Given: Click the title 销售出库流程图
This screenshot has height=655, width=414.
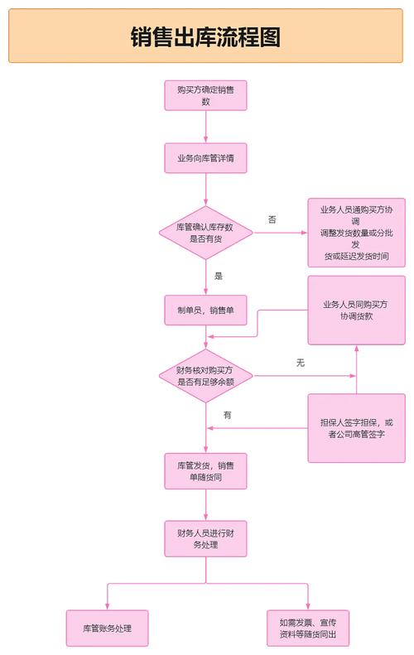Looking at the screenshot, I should pyautogui.click(x=205, y=37).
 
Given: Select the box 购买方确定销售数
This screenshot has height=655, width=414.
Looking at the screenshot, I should pyautogui.click(x=205, y=94).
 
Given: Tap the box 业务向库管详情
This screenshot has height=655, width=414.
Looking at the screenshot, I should pyautogui.click(x=205, y=157).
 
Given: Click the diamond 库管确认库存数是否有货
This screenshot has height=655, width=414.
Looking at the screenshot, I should pyautogui.click(x=205, y=233).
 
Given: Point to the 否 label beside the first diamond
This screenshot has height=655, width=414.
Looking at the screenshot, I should pyautogui.click(x=272, y=219).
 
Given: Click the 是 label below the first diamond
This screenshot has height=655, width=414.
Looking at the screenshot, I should pyautogui.click(x=219, y=275).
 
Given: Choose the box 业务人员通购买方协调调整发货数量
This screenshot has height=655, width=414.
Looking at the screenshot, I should pyautogui.click(x=356, y=233).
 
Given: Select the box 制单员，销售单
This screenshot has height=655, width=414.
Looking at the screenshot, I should pyautogui.click(x=205, y=311).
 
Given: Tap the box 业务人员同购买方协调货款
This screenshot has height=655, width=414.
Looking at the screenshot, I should pyautogui.click(x=356, y=311).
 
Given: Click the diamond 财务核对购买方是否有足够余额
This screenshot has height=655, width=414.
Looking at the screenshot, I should pyautogui.click(x=205, y=375).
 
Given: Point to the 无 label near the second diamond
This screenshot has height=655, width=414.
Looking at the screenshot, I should pyautogui.click(x=301, y=363).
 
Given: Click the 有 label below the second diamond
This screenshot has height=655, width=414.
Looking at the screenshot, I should pyautogui.click(x=227, y=414).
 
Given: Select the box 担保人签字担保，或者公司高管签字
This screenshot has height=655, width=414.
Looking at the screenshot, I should pyautogui.click(x=356, y=428).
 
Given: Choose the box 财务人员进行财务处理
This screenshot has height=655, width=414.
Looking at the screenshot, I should pyautogui.click(x=205, y=538).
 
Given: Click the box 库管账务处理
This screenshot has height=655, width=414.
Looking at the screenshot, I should pyautogui.click(x=107, y=629).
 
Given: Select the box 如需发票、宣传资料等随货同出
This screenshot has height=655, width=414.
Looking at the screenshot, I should pyautogui.click(x=308, y=629).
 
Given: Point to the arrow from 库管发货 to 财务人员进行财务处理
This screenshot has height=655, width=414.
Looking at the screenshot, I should pyautogui.click(x=205, y=505).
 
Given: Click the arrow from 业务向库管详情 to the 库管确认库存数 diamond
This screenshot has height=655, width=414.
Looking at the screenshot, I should pyautogui.click(x=205, y=190).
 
